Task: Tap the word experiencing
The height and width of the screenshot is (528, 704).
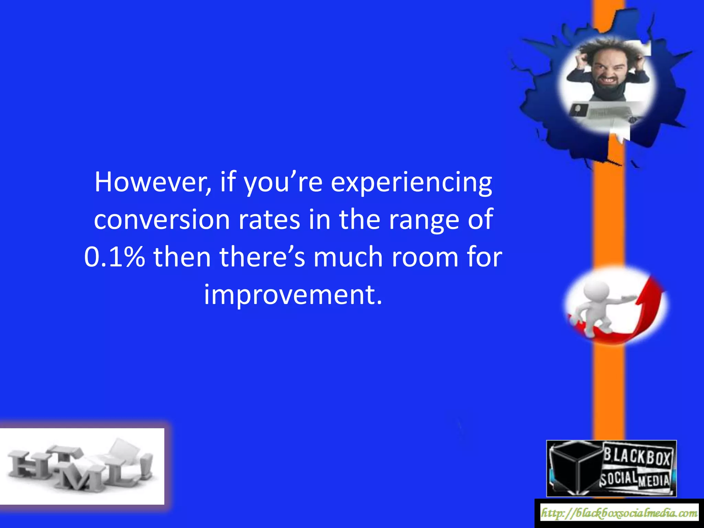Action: click(x=411, y=183)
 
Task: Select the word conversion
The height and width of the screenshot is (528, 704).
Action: click(x=162, y=220)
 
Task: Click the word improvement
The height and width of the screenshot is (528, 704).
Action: click(x=293, y=295)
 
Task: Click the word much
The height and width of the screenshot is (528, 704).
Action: click(x=348, y=257)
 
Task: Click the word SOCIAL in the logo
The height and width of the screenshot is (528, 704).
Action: click(x=618, y=478)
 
